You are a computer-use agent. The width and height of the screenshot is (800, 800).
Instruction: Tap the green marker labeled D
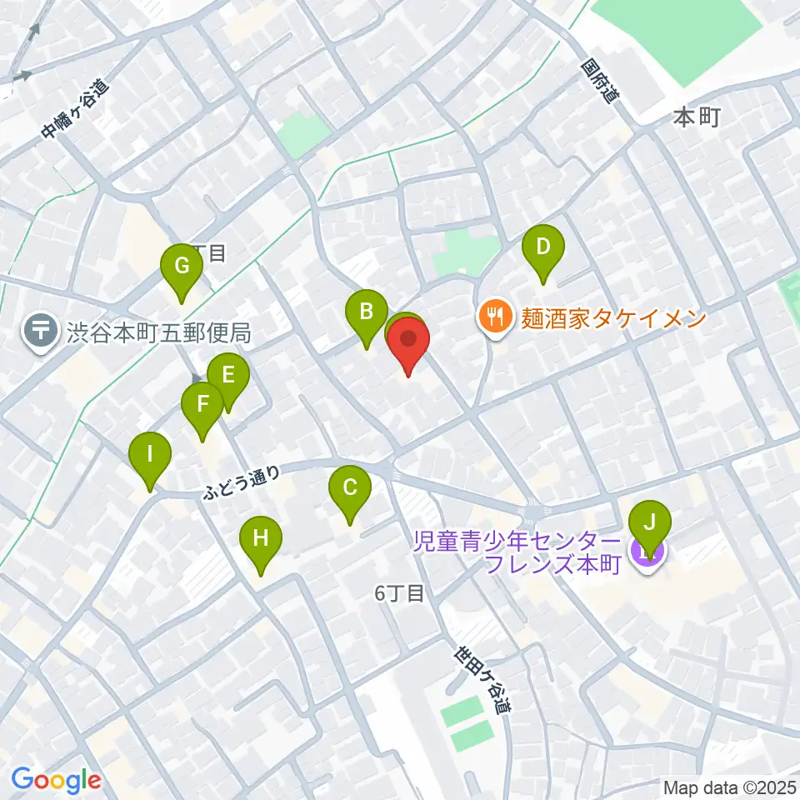(543, 247)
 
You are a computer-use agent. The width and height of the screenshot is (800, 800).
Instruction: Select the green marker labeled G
(182, 267)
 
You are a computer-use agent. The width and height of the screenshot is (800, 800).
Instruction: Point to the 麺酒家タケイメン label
(613, 317)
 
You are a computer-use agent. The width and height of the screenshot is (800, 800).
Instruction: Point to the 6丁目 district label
(400, 594)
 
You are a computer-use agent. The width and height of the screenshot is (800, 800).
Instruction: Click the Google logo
(56, 780)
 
